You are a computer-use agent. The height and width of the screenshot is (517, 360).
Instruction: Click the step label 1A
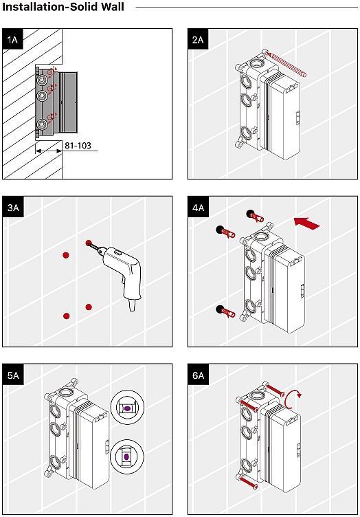[12, 40]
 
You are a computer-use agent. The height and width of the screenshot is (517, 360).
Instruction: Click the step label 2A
[198, 40]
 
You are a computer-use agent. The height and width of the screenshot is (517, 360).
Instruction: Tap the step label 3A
[13, 208]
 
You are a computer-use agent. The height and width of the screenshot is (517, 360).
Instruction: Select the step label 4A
[198, 208]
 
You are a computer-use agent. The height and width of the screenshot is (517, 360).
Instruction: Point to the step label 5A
[13, 375]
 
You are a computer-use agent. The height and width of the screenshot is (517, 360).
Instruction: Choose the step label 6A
[198, 375]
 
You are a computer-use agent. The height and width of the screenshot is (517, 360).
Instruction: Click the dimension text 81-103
[78, 146]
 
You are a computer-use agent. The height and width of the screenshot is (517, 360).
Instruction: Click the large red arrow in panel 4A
[306, 223]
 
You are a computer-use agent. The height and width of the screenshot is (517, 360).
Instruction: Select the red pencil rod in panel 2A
[286, 64]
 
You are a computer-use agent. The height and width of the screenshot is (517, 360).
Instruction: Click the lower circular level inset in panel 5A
[127, 457]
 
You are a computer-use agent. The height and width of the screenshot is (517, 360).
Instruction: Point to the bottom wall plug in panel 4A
[225, 311]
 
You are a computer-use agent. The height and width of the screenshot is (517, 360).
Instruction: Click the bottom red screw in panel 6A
[247, 482]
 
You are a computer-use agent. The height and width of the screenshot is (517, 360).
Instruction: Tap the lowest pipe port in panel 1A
[42, 124]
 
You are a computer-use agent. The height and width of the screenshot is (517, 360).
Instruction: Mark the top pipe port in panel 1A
[42, 80]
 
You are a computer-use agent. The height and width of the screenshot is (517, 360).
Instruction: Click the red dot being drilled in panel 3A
[88, 243]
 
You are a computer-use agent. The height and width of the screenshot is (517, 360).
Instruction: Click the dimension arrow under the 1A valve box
[49, 151]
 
